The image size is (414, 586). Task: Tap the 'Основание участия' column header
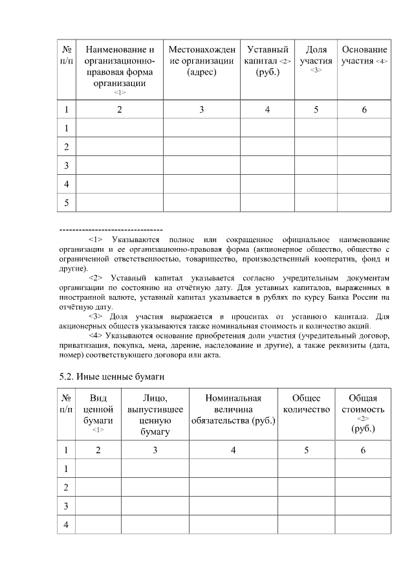click(364, 56)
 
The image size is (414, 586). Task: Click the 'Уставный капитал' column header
click(267, 60)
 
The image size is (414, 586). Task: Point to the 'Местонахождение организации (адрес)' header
click(201, 60)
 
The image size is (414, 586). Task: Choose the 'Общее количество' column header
click(307, 403)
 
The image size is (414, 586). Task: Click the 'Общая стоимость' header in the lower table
click(363, 413)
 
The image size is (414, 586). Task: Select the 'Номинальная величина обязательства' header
click(233, 409)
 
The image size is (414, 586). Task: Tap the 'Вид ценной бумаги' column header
click(98, 413)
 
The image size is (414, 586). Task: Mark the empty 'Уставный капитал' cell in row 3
click(267, 166)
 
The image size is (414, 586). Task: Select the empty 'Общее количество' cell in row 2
click(307, 486)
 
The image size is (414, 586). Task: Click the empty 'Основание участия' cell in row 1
click(364, 128)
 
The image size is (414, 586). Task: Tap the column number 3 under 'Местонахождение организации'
click(201, 109)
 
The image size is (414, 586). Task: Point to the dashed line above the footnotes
click(110, 230)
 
